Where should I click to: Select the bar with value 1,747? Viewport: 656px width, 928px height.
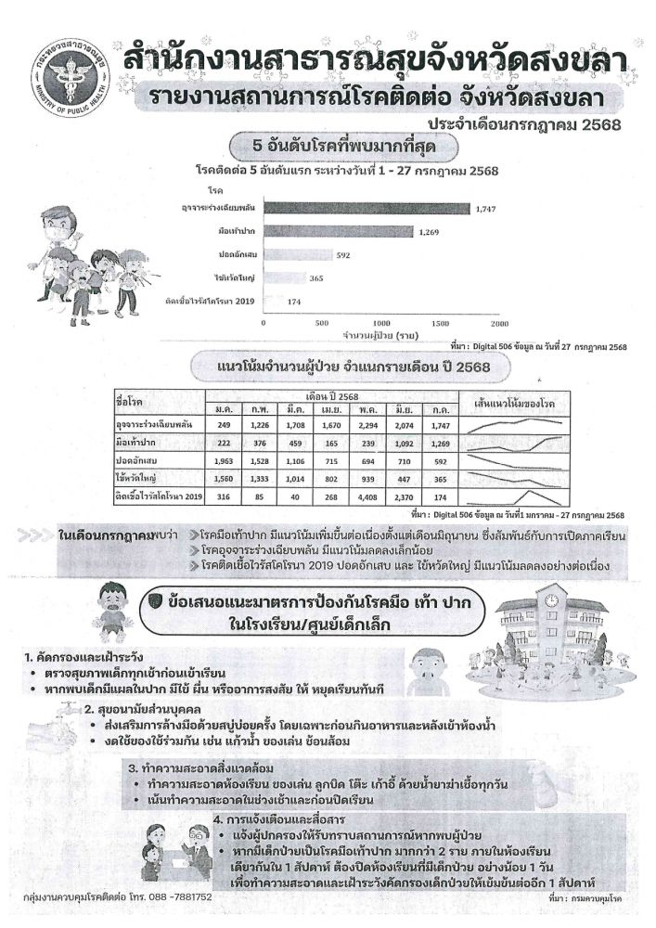[366, 208]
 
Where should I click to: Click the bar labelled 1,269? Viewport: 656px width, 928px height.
[338, 231]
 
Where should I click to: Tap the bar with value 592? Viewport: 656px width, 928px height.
[297, 254]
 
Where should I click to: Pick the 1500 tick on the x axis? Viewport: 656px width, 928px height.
[440, 323]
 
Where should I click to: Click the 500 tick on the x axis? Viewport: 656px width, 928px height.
[323, 323]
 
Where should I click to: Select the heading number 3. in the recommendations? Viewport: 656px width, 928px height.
[134, 768]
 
